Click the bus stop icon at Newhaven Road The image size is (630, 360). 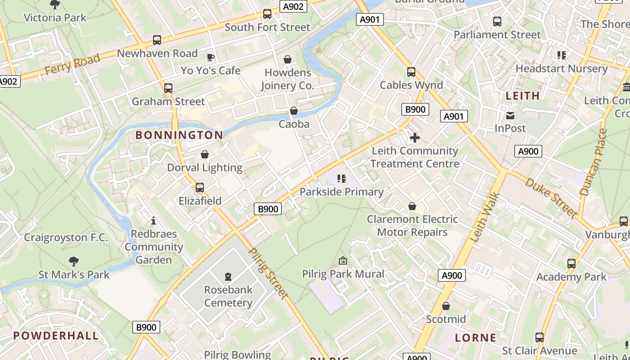(157, 40)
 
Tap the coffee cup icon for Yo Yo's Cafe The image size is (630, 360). (210, 57)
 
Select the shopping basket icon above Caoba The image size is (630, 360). (294, 111)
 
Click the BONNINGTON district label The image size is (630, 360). (179, 135)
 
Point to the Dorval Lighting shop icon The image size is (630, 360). (205, 155)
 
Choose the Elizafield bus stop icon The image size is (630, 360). (200, 188)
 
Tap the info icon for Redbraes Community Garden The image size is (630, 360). (153, 220)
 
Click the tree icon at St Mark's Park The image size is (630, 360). (74, 261)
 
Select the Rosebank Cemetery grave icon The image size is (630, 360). (228, 276)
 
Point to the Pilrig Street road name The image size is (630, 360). (268, 273)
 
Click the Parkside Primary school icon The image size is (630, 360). (342, 179)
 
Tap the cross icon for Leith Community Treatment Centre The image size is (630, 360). (414, 138)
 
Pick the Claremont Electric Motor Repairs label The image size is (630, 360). (412, 225)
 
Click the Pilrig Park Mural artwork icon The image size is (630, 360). (343, 261)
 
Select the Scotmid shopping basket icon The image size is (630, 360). (445, 306)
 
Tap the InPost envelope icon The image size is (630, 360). (510, 116)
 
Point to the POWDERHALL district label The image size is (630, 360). (56, 336)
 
